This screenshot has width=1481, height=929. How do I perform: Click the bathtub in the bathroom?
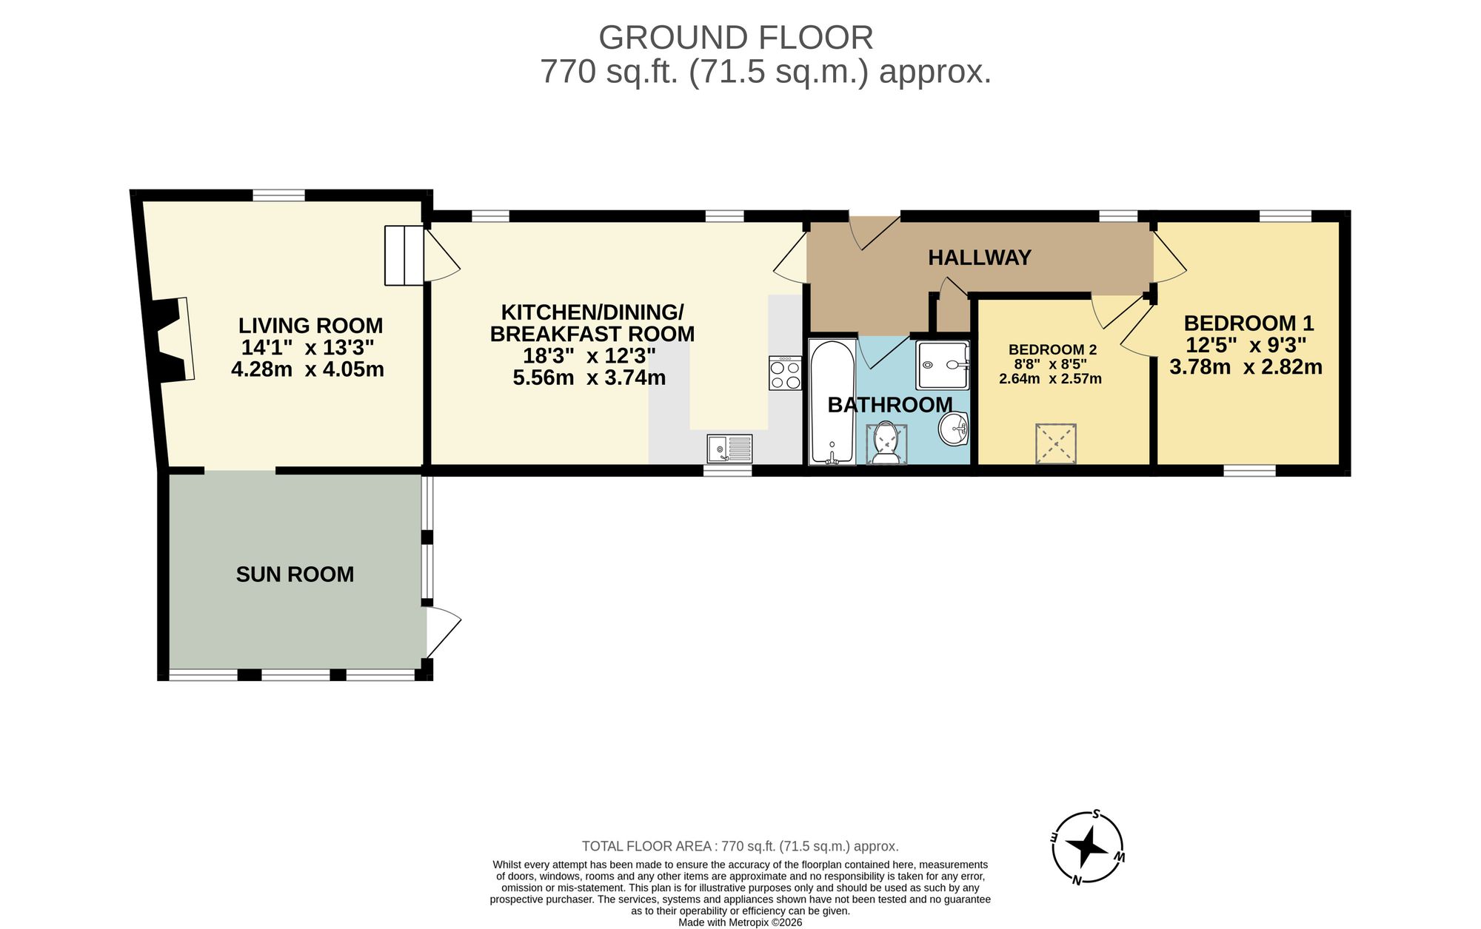coord(832,402)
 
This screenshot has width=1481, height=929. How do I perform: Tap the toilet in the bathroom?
coord(886,443)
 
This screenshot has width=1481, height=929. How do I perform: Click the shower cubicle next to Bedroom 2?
coord(942,365)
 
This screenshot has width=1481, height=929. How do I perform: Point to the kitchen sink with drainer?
coord(729,449)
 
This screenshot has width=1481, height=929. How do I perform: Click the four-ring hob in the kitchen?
coord(785,373)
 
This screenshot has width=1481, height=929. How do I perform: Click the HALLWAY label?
coord(979,258)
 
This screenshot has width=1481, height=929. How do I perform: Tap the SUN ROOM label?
coord(295,574)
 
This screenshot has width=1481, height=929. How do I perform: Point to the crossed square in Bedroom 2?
coord(1055,443)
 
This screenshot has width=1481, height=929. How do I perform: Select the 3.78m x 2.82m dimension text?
coord(1246,366)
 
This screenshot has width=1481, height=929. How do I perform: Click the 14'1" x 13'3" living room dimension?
coord(307,347)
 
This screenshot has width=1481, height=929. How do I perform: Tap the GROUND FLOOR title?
coord(735,38)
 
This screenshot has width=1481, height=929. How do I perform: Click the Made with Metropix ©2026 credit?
coord(740,922)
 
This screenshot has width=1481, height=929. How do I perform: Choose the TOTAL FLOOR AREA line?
coord(740,846)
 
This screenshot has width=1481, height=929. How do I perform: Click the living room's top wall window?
coord(278,195)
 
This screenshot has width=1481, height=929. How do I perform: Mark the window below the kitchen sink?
coord(727,470)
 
